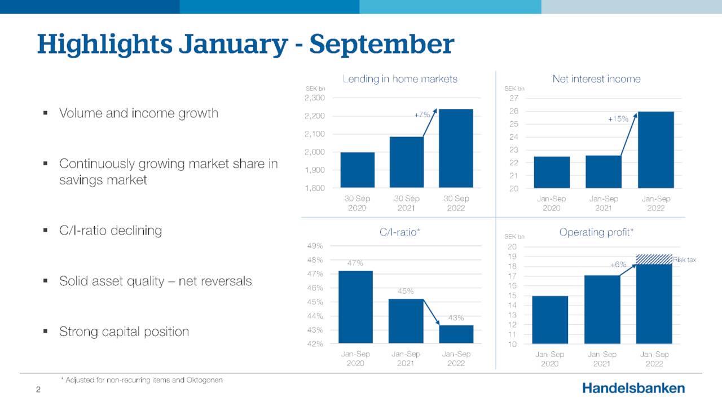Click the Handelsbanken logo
(x=633, y=388)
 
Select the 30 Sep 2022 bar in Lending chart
(x=456, y=148)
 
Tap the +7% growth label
(x=422, y=114)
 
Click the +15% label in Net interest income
(x=618, y=120)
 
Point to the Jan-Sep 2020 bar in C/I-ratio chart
(x=355, y=307)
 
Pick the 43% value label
(x=456, y=318)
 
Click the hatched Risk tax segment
(x=654, y=259)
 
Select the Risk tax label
(x=685, y=260)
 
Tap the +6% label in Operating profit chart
(x=618, y=264)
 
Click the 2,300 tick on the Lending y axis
(x=314, y=98)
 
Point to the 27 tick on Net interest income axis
(x=513, y=98)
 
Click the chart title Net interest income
(x=596, y=79)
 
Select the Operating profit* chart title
(x=596, y=232)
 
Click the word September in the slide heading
(x=381, y=45)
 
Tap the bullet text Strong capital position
(x=124, y=332)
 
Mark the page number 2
(x=38, y=390)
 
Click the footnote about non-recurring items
(x=142, y=380)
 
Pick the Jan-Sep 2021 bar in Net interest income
(x=603, y=171)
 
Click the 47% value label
(x=355, y=263)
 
